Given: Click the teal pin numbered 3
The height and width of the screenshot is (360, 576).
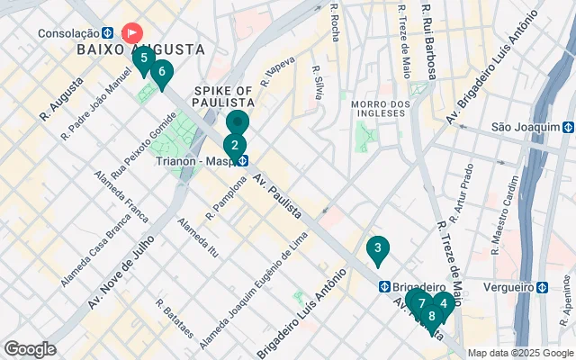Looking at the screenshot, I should click(378, 248).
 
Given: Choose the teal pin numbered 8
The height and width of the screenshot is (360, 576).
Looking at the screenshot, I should click(432, 316).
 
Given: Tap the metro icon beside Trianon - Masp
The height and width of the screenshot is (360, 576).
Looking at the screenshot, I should click(244, 161).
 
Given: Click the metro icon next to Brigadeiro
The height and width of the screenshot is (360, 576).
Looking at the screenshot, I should click(384, 286).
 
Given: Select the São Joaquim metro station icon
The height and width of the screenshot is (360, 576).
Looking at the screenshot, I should click(568, 128).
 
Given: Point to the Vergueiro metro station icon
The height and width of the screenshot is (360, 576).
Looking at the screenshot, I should click(543, 288).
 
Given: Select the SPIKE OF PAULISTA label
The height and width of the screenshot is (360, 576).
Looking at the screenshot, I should click(223, 96).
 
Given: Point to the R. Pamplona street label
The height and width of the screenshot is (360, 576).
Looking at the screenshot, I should click(225, 199).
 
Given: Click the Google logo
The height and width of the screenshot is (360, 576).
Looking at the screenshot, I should click(30, 349).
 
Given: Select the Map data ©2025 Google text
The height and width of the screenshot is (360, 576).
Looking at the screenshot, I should click(520, 353).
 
